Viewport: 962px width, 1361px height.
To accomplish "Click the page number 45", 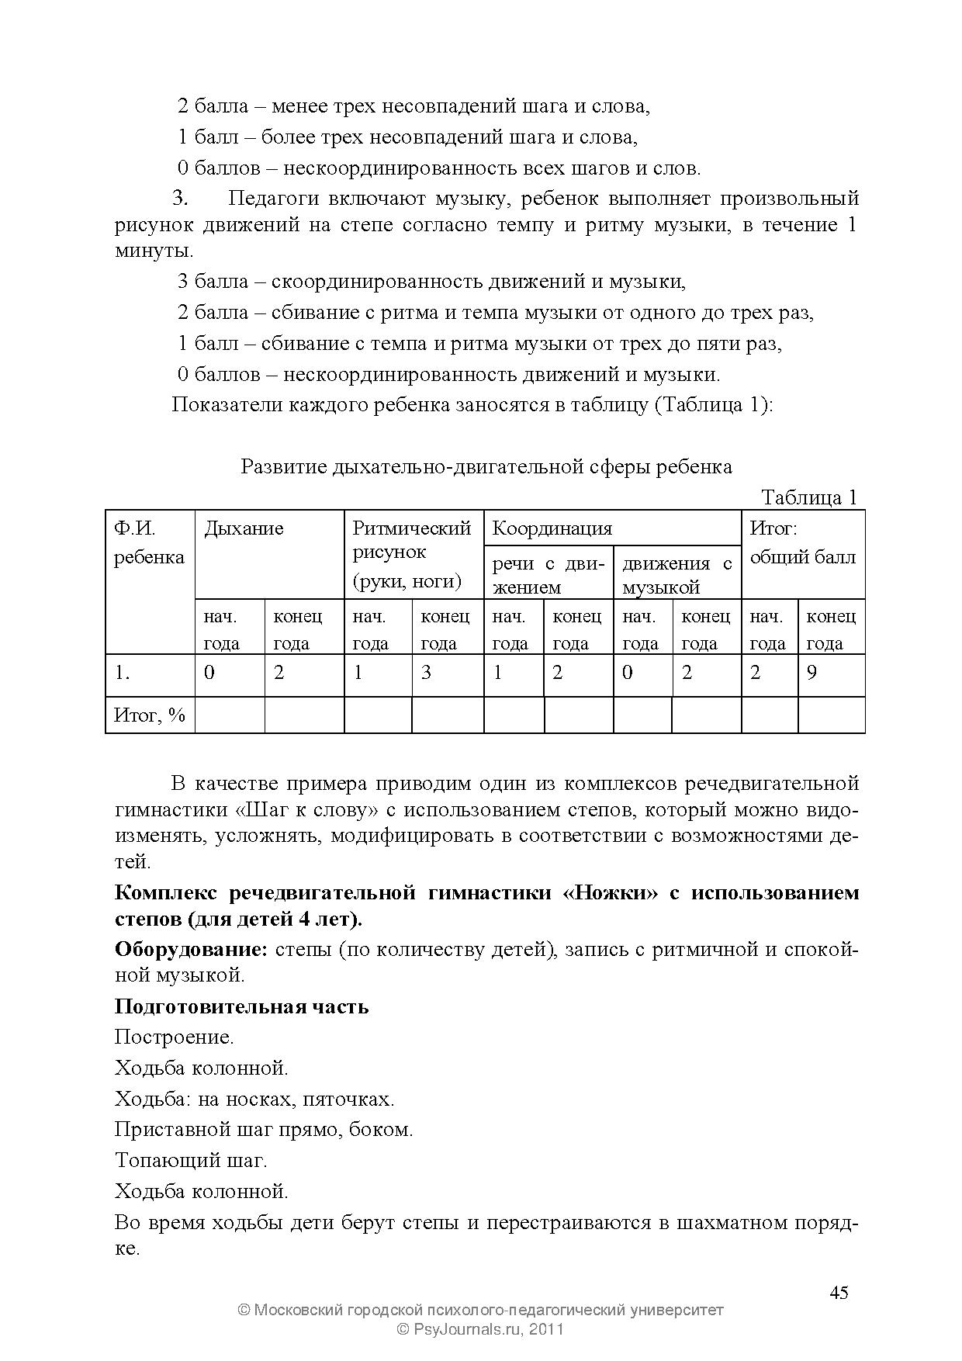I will pos(839,1293).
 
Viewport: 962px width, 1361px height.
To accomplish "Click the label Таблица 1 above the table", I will pos(808,497).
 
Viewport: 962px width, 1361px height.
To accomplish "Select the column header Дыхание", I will pos(244,529).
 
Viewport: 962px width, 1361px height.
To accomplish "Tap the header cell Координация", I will pos(552,529).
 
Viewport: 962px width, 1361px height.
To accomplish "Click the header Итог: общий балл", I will pos(802,543).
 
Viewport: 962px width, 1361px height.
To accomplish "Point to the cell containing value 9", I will pos(812,673).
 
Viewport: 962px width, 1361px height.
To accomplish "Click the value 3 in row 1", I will pos(426,673).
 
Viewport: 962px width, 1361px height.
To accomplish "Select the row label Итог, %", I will pos(150,715).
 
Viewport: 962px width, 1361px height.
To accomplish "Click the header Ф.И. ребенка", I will pos(149,543).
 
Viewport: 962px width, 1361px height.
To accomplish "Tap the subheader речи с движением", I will pos(548,575).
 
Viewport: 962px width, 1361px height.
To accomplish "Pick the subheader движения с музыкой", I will pos(677,575).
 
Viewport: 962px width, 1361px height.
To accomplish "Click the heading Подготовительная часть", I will pos(241,1007).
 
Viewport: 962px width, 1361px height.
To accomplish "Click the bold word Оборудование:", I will pos(191,950).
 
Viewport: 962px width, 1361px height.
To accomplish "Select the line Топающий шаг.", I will pos(191,1161).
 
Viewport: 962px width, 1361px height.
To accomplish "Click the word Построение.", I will pos(174,1037).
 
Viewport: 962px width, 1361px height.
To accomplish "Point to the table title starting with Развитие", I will pos(486,467).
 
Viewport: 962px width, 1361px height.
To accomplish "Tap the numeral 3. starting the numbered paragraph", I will pos(180,199).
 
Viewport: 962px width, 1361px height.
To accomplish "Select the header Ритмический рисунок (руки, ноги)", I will pos(412,554).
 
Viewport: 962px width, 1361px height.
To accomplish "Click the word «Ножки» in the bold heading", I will pos(611,893).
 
